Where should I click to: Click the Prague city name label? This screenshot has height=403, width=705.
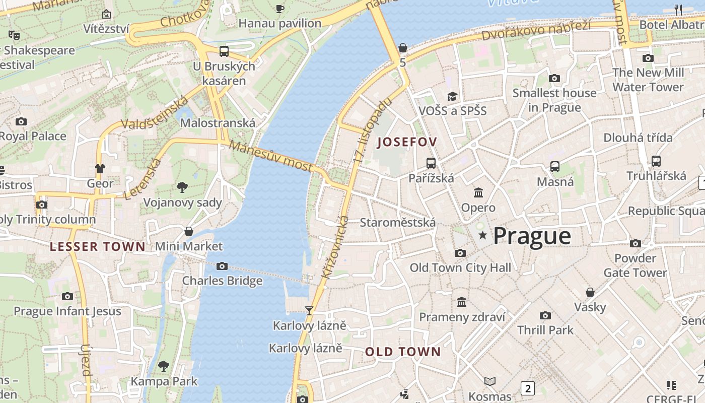tap(532, 236)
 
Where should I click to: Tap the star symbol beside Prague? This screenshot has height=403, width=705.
tap(483, 235)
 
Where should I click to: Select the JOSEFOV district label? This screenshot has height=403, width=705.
tap(407, 142)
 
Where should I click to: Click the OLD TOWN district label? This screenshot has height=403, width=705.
tap(403, 352)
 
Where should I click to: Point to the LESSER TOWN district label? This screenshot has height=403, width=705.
tap(98, 246)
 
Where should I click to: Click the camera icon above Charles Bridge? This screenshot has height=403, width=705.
tap(222, 266)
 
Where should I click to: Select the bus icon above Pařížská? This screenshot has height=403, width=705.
tap(431, 163)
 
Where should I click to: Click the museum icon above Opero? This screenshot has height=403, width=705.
tap(478, 192)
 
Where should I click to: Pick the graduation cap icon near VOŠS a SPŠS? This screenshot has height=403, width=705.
tap(452, 96)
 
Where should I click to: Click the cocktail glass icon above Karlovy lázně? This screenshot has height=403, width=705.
tap(309, 311)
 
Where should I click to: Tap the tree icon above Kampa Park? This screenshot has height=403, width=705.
tap(164, 366)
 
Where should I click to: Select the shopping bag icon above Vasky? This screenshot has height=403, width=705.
tap(590, 292)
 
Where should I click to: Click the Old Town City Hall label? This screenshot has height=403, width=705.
tap(460, 267)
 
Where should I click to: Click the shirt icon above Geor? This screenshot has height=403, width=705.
tap(100, 168)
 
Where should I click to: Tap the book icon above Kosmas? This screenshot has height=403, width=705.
tap(490, 381)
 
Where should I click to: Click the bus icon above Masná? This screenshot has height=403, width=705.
tap(555, 166)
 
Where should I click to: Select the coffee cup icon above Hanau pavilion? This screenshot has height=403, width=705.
tap(280, 9)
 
